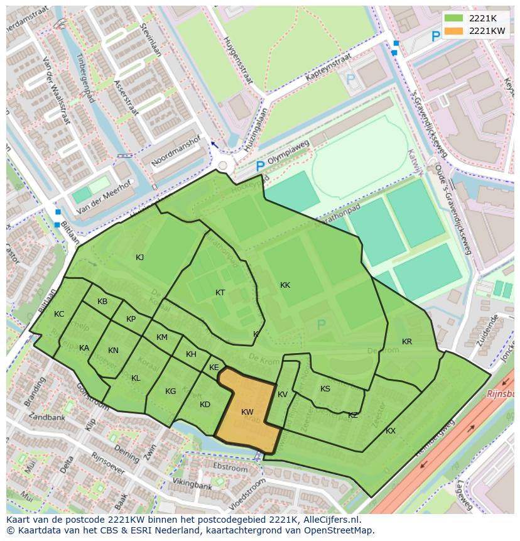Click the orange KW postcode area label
pos(247,412)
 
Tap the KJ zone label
pos(140,257)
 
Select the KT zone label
pos(220,293)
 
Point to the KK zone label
pos(285,285)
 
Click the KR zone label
pos(407,342)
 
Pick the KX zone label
pos(391,431)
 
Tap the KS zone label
pos(325,389)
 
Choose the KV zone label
pos(283,395)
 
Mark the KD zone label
pos(205,405)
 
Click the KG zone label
pos(171,391)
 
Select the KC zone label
pos(59,314)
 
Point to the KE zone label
pos(214,368)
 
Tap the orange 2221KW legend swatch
pos(454,31)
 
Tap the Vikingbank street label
pos(193,485)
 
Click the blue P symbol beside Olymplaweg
pos(259,167)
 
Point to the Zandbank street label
pos(46,417)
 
